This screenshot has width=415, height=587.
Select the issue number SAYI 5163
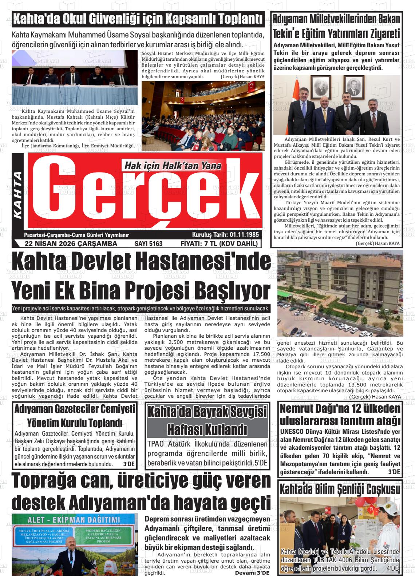[149, 244]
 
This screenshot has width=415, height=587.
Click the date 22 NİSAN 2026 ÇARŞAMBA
[71, 244]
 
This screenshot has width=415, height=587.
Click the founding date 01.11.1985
[244, 235]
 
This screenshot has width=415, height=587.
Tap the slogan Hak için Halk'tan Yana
[173, 166]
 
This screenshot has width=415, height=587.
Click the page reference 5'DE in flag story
[261, 463]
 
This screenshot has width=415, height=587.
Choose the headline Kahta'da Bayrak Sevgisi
[207, 412]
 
